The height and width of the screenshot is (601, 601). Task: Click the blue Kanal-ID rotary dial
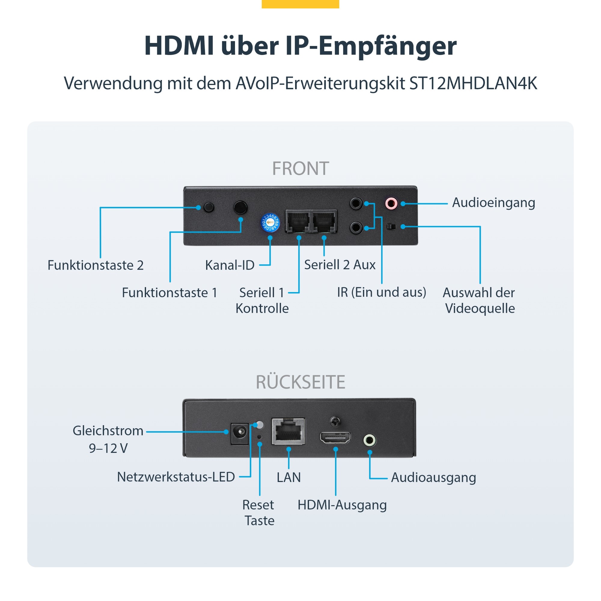(x=270, y=223)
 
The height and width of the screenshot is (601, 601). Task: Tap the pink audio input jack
(x=391, y=204)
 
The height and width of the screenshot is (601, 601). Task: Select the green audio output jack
(x=370, y=440)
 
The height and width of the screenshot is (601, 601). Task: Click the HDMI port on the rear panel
(x=335, y=438)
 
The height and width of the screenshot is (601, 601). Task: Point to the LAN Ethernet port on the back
(x=288, y=431)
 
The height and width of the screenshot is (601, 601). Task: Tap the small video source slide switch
(x=391, y=227)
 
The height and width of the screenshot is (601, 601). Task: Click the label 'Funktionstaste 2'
(x=96, y=265)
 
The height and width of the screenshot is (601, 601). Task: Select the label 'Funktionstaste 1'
(x=169, y=293)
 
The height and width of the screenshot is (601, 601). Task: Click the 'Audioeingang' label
(x=493, y=203)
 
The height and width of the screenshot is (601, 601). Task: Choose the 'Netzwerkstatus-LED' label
(x=176, y=477)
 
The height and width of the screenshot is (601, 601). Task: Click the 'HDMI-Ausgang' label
(x=342, y=505)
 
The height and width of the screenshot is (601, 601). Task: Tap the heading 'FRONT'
(x=300, y=169)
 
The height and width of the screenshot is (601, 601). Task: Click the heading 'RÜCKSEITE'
(x=300, y=382)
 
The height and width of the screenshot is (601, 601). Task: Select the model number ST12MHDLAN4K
(x=473, y=83)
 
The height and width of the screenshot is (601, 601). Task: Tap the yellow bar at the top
(x=300, y=4)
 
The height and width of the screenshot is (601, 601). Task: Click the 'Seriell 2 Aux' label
(x=340, y=265)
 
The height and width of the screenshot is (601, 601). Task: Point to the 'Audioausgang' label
(x=433, y=477)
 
